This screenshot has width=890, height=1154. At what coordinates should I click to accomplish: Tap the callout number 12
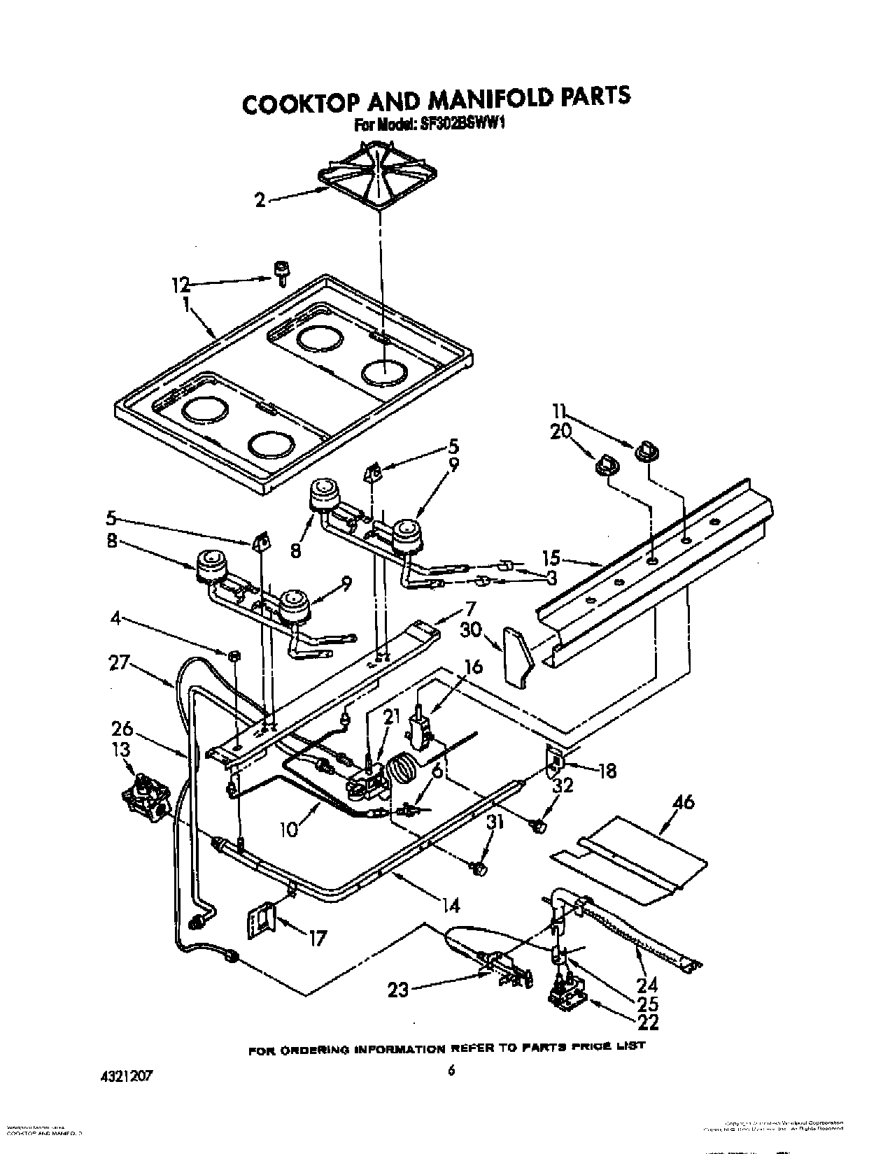click(181, 285)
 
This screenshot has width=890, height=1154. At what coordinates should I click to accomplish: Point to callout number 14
click(451, 906)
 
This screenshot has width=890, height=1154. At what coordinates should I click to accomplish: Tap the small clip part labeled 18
click(555, 757)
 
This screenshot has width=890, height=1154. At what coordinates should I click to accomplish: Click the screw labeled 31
click(478, 868)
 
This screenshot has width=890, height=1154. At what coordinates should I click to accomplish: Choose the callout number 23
click(398, 990)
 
